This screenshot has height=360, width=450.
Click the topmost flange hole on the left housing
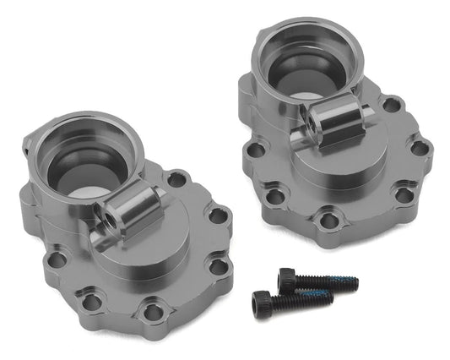176,180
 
